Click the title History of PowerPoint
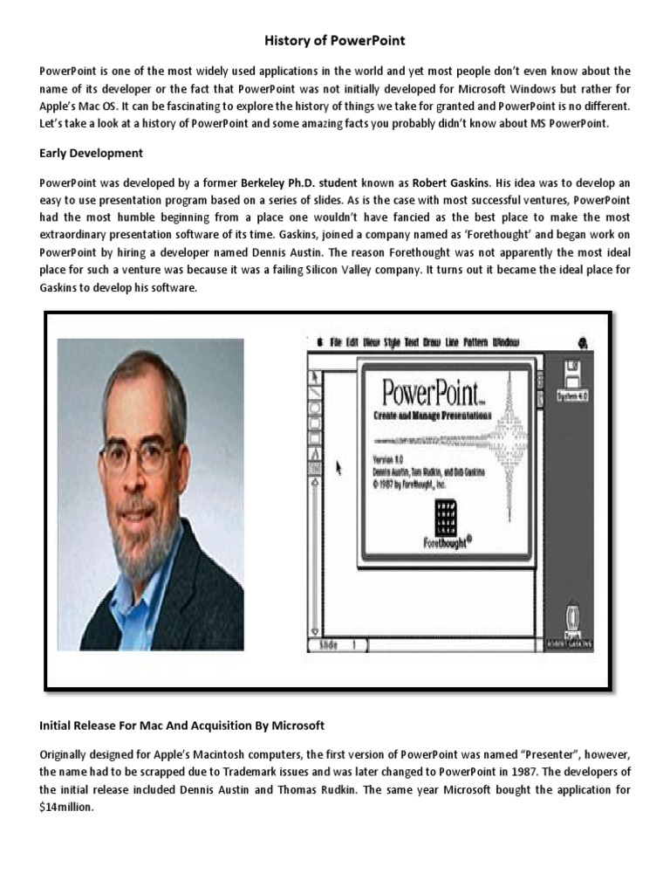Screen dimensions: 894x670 pyautogui.click(x=335, y=41)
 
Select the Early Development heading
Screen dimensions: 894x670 pyautogui.click(x=92, y=153)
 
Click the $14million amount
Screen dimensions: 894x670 pyautogui.click(x=65, y=808)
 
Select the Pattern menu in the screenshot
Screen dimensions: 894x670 pyautogui.click(x=475, y=342)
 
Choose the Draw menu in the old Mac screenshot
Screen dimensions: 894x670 pyautogui.click(x=431, y=342)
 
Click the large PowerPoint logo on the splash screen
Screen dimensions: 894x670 pyautogui.click(x=421, y=391)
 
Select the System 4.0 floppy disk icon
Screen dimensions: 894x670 pyautogui.click(x=573, y=380)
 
